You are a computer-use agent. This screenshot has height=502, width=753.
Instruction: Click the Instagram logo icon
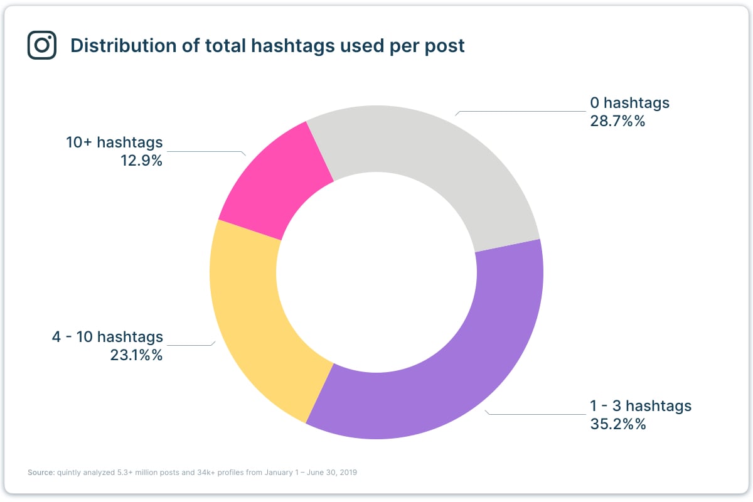42,46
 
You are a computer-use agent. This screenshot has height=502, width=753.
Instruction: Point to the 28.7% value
617,121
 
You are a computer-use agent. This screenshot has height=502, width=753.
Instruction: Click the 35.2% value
617,424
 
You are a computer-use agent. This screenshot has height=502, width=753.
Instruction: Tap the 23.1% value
136,355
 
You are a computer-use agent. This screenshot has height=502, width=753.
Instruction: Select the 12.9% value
141,161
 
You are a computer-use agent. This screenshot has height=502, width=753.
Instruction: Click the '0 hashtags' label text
629,102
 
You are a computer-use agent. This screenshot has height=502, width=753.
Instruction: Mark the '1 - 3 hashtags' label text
640,405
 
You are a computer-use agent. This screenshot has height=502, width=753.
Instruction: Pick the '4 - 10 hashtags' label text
107,337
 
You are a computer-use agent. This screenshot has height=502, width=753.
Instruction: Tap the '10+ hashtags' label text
114,142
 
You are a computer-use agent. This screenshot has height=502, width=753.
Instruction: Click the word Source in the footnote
40,473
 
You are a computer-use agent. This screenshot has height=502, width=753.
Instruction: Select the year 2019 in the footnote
348,473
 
